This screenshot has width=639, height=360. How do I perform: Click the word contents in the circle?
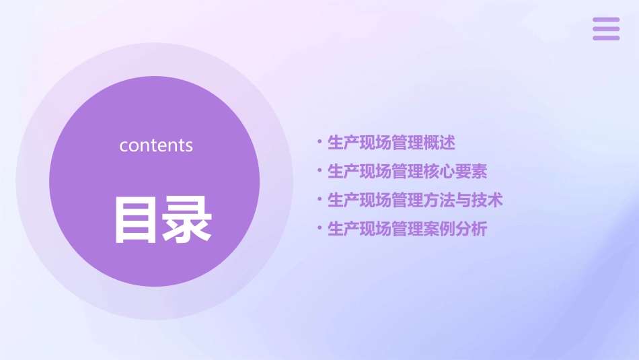[156, 145]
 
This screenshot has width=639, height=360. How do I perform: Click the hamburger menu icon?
[606, 29]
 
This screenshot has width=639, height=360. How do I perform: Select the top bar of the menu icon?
[606, 20]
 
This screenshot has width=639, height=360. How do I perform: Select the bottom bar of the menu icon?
[606, 38]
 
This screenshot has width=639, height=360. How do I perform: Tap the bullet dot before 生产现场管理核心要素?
[319, 171]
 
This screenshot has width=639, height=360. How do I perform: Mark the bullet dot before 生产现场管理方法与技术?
[319, 200]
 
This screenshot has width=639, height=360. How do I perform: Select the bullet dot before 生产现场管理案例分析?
[319, 229]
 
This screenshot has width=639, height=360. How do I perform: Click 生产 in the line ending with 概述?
[343, 143]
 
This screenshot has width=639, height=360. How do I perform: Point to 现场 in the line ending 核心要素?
[375, 172]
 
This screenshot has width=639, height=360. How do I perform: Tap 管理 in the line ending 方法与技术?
[408, 201]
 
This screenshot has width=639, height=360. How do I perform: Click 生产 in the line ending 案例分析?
[343, 229]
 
